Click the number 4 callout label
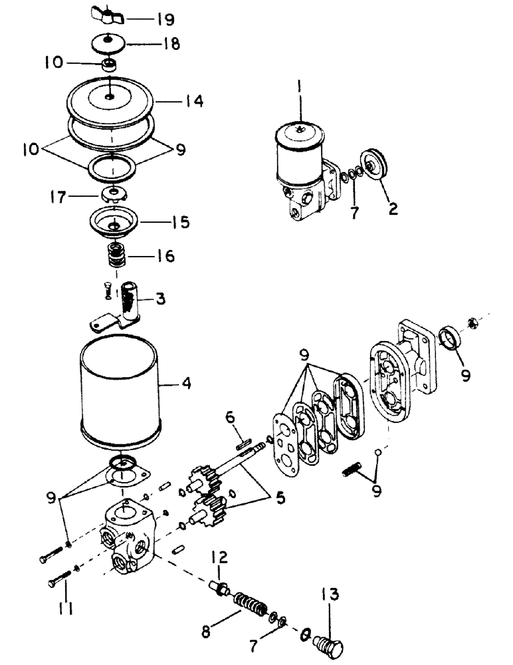(188, 383)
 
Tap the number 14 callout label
(195, 102)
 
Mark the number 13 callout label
(333, 593)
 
